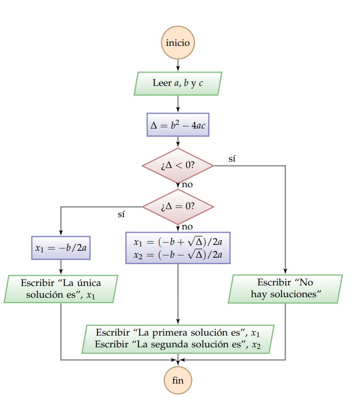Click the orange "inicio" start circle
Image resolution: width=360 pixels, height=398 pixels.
click(177, 42)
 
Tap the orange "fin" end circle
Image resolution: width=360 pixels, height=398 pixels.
click(177, 380)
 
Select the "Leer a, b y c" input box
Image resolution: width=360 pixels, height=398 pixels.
click(177, 83)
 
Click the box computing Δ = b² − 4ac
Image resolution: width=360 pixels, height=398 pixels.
click(177, 125)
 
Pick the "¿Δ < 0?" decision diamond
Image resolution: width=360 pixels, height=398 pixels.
click(177, 165)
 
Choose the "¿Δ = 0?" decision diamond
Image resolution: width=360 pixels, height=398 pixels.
click(177, 206)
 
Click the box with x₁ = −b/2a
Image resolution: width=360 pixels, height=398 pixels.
click(61, 248)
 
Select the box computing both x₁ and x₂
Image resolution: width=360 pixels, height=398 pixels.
click(177, 248)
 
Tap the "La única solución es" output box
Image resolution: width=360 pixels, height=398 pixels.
click(61, 289)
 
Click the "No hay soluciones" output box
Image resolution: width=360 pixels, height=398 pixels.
click(285, 289)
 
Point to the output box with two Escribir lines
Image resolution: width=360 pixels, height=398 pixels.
click(177, 339)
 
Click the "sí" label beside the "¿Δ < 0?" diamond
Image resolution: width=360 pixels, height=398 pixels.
click(232, 158)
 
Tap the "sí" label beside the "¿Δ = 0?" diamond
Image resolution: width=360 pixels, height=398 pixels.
click(121, 214)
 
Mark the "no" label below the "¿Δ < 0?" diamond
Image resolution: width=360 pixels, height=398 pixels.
click(187, 185)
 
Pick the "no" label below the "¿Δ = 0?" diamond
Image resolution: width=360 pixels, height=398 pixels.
click(187, 226)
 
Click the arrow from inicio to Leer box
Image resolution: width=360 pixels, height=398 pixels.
click(177, 65)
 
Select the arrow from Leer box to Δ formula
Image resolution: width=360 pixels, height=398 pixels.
click(177, 104)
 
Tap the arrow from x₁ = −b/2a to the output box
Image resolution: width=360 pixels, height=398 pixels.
click(61, 267)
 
